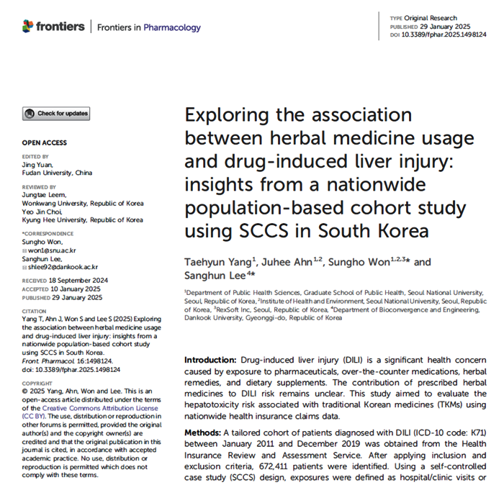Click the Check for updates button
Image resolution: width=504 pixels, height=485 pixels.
56,113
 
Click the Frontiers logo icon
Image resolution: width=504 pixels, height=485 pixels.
28,27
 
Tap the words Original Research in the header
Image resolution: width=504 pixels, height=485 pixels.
434,17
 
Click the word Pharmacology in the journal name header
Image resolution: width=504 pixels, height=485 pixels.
172,27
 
